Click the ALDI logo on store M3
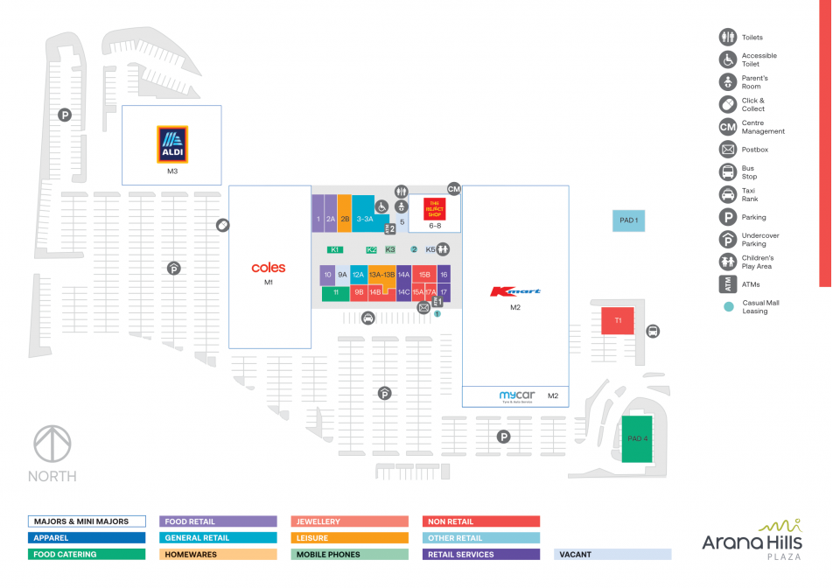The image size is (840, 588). coord(171,144)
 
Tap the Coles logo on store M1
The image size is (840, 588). coord(269,268)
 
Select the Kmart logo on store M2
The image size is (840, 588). coord(515,291)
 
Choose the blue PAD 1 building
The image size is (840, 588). coord(628,220)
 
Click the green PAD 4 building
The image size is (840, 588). coord(638,437)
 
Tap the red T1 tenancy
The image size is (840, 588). coord(617,321)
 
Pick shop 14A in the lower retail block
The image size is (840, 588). coord(403,275)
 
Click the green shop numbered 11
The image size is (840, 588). coord(335,293)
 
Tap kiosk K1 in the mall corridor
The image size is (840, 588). coord(334,250)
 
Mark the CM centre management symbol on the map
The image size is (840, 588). coord(453,189)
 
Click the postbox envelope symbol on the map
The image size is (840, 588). coord(423,308)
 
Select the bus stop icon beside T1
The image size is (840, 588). coord(653,332)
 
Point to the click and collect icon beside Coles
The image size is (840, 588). coord(223,226)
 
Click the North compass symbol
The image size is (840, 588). coord(52,444)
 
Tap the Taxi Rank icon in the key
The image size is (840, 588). coord(727,194)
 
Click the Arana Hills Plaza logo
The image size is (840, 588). coord(752,540)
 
